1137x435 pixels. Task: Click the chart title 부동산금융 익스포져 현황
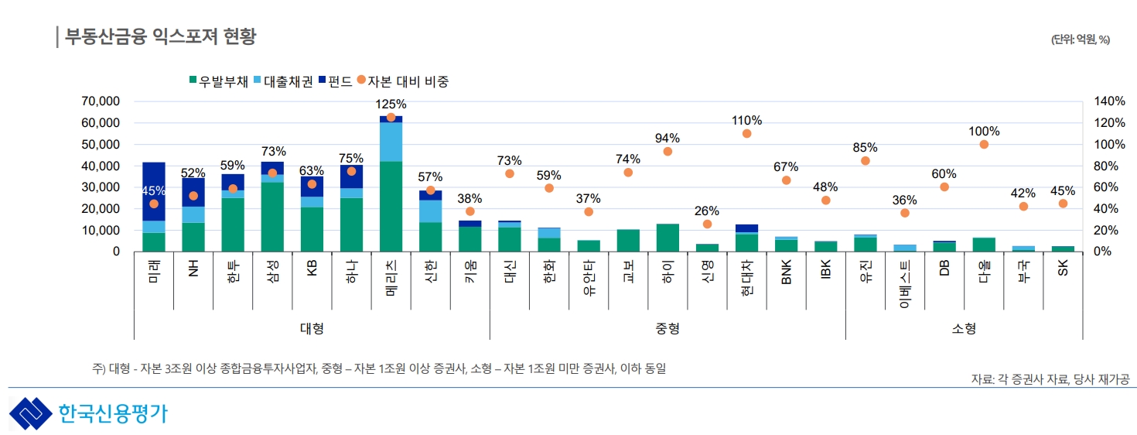click(160, 36)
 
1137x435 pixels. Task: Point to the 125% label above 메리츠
click(391, 104)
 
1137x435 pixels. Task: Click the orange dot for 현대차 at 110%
click(746, 133)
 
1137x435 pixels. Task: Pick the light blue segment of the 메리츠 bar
click(391, 142)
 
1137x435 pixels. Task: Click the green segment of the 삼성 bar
click(272, 217)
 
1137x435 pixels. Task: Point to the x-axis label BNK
click(786, 272)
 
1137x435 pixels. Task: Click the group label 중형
click(668, 328)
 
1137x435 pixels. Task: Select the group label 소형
click(964, 328)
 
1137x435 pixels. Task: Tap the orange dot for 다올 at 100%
click(984, 145)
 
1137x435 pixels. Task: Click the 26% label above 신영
click(707, 211)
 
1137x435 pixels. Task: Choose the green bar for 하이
click(668, 238)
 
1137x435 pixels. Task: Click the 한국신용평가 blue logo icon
click(29, 413)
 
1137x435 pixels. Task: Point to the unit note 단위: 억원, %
click(1080, 40)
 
